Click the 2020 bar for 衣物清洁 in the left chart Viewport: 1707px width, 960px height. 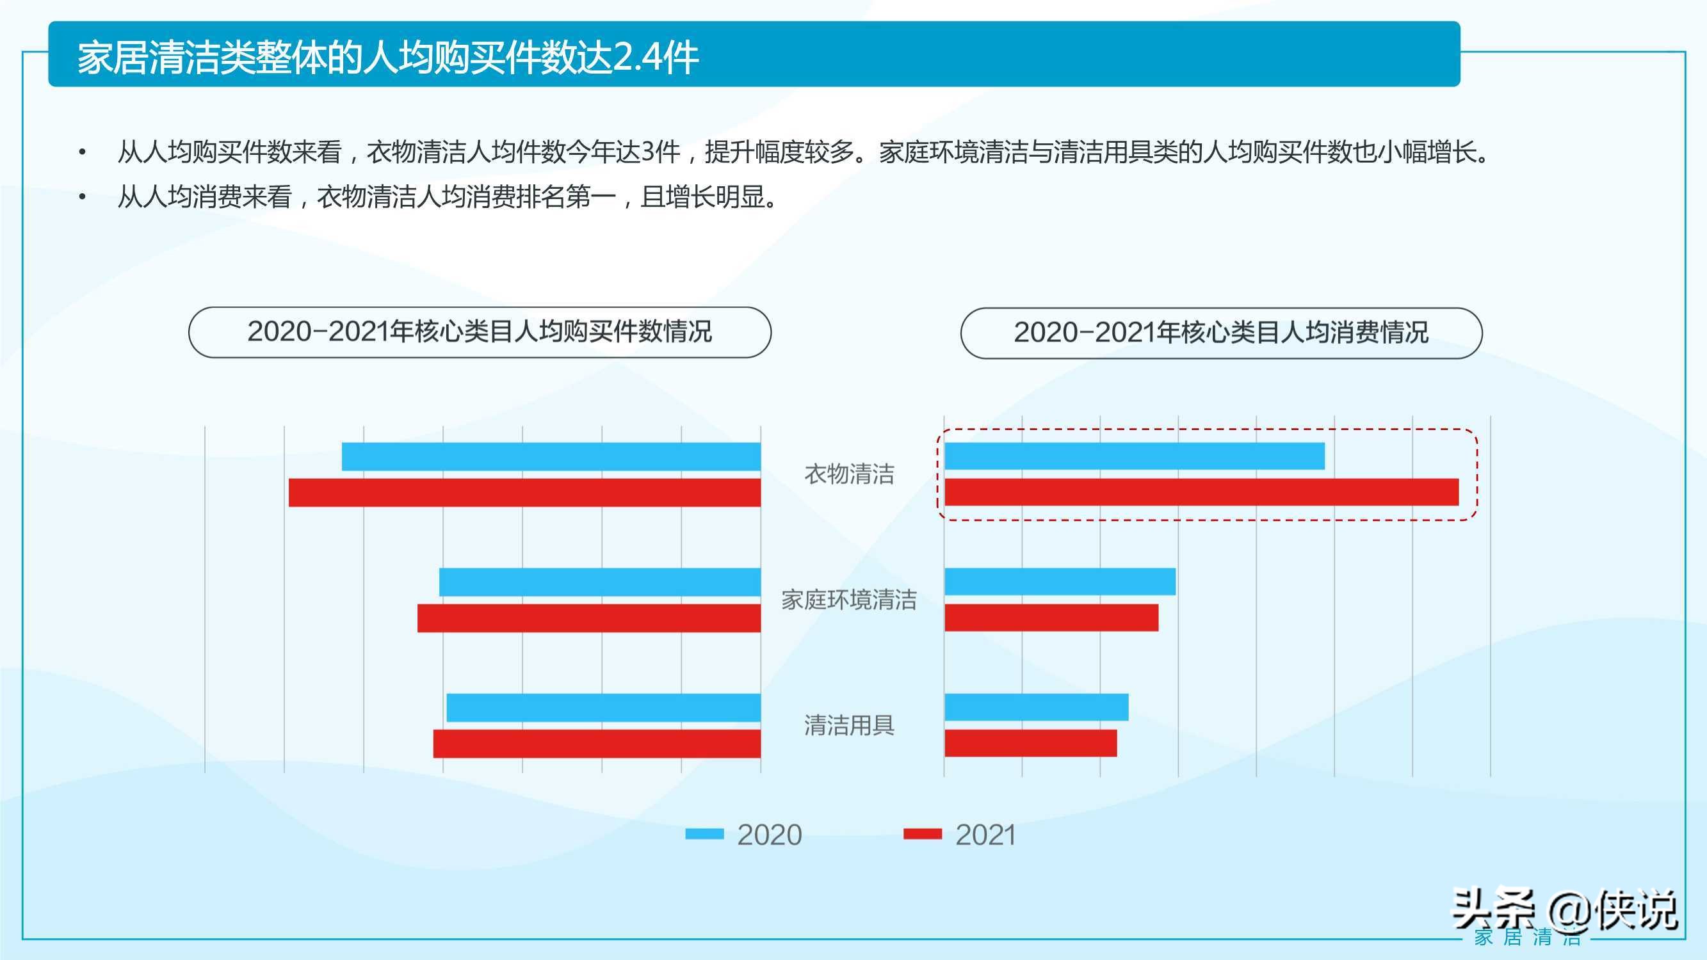pyautogui.click(x=551, y=456)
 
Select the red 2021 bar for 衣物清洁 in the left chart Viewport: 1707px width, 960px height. pyautogui.click(x=524, y=493)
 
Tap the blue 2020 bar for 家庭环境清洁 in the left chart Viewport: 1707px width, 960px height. pyautogui.click(x=600, y=582)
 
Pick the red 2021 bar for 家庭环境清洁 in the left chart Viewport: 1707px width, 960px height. pyautogui.click(x=588, y=618)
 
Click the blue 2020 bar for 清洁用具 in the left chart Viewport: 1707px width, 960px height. pyautogui.click(x=603, y=708)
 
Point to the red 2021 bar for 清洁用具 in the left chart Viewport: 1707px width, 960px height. pyautogui.click(x=596, y=743)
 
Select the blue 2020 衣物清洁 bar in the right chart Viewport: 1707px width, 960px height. pyautogui.click(x=1135, y=456)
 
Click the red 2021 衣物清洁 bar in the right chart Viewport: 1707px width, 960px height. pyautogui.click(x=1201, y=492)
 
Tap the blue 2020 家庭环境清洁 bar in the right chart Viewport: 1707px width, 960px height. pyautogui.click(x=1060, y=581)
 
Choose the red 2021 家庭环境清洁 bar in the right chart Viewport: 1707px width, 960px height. pyautogui.click(x=1051, y=618)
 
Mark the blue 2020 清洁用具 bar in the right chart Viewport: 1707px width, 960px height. pyautogui.click(x=1037, y=707)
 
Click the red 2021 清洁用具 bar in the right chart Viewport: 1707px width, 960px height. pyautogui.click(x=1030, y=742)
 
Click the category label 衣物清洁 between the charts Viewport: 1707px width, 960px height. pyautogui.click(x=849, y=474)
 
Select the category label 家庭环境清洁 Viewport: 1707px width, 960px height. pyautogui.click(x=849, y=600)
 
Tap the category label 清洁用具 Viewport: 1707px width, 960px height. pyautogui.click(x=849, y=726)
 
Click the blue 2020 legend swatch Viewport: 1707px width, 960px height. pyautogui.click(x=704, y=834)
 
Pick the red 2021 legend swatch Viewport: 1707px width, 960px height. pyautogui.click(x=923, y=834)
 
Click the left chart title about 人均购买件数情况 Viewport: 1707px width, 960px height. pyautogui.click(x=480, y=332)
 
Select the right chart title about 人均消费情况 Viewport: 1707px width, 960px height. pyautogui.click(x=1220, y=333)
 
